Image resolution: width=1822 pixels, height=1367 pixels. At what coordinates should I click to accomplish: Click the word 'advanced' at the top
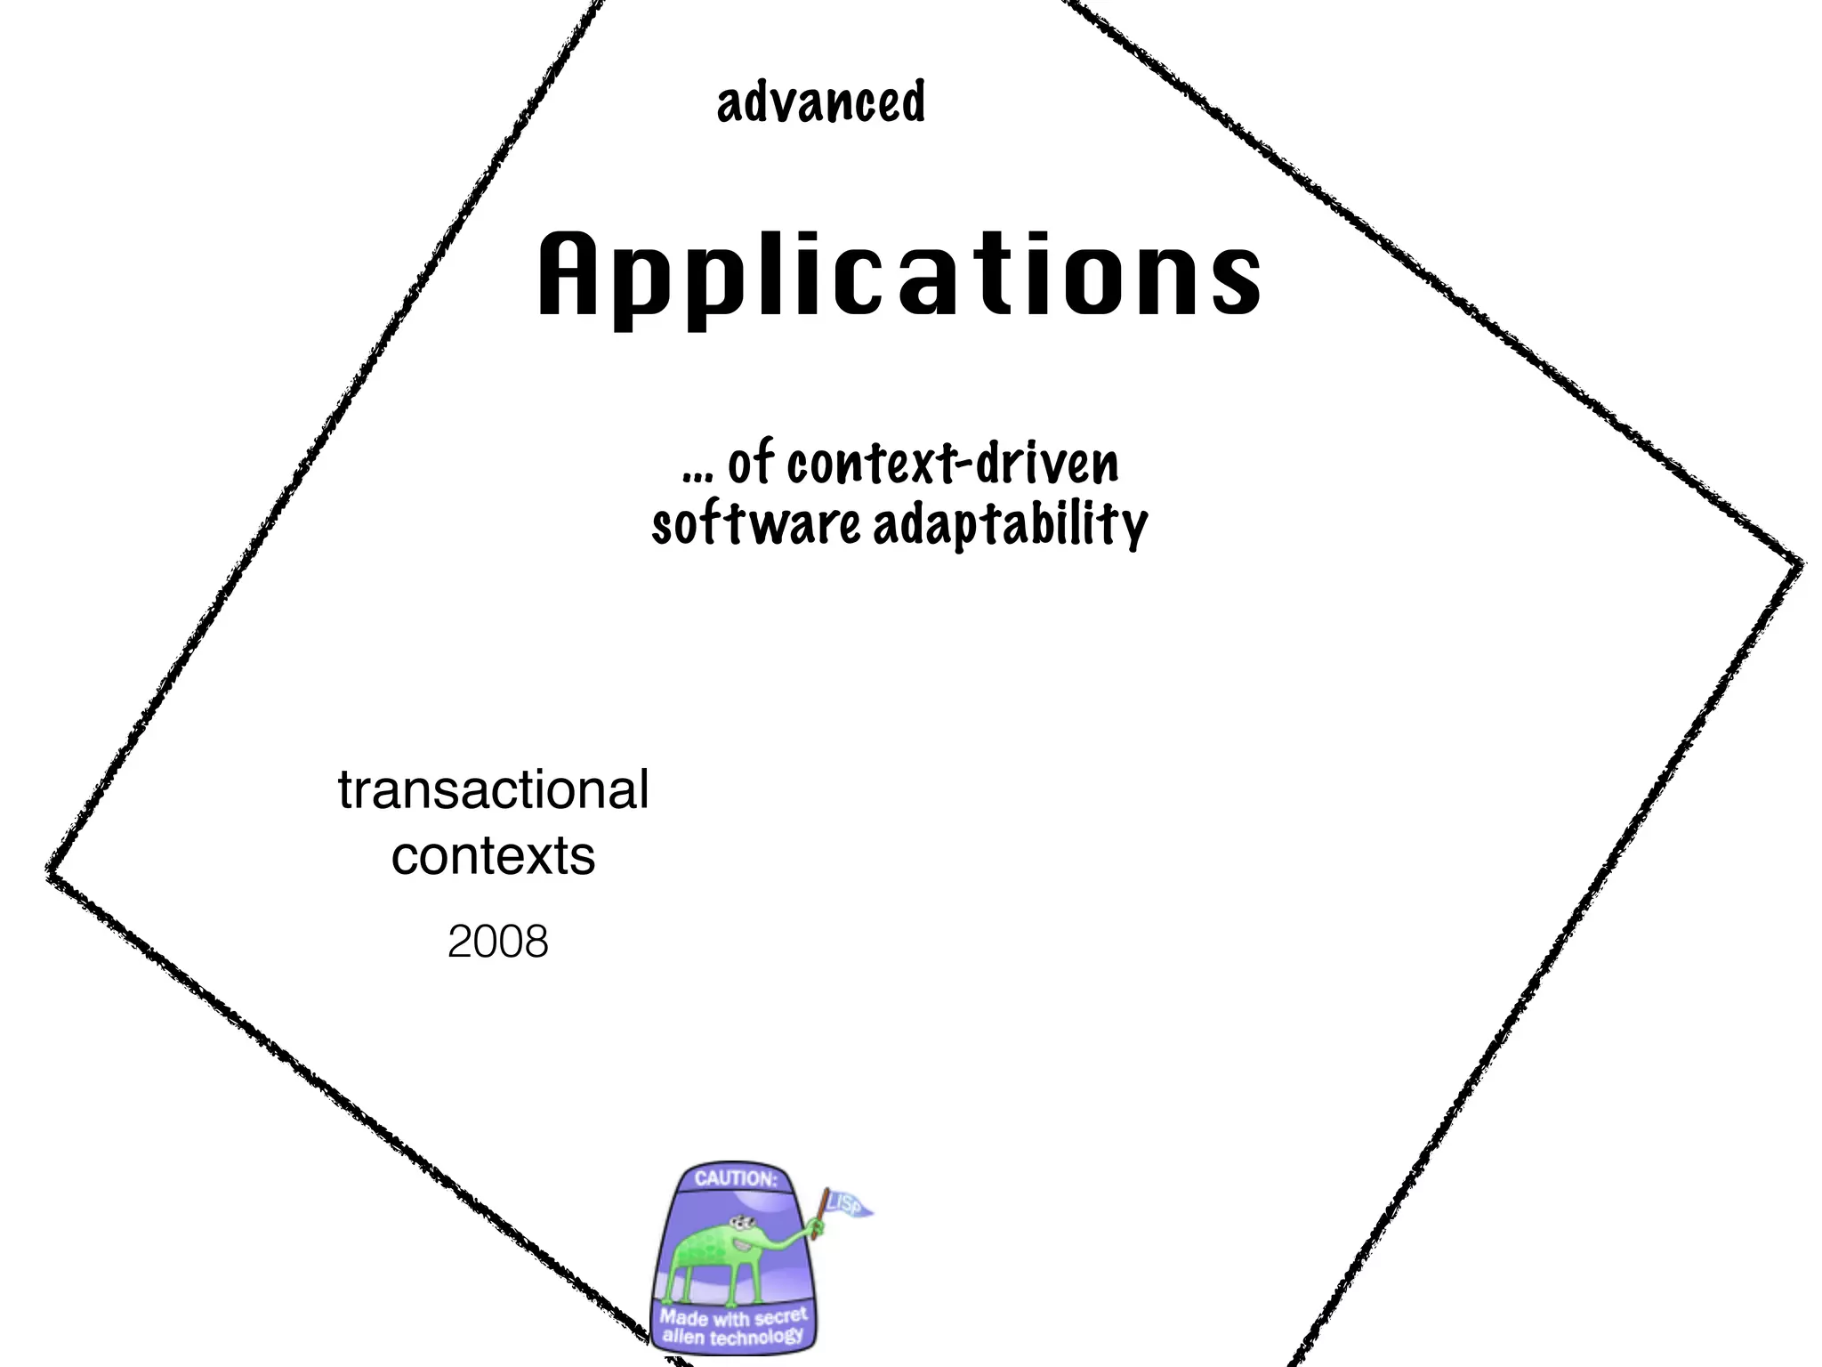tap(820, 102)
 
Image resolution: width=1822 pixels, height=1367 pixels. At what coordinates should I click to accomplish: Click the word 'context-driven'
tap(953, 464)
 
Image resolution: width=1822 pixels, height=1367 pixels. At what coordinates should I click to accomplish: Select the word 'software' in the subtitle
tap(756, 524)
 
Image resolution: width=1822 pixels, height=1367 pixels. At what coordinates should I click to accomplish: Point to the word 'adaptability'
tap(1011, 525)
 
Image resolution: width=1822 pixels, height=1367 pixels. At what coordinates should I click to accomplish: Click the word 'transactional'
tap(494, 789)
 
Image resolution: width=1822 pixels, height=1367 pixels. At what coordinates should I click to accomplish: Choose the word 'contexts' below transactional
tap(494, 855)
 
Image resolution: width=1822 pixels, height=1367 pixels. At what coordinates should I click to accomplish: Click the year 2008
tap(498, 942)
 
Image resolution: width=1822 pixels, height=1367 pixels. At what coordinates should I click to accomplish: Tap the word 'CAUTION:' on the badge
tap(735, 1178)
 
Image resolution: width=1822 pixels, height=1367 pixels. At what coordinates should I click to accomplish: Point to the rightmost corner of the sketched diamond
tap(1801, 563)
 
